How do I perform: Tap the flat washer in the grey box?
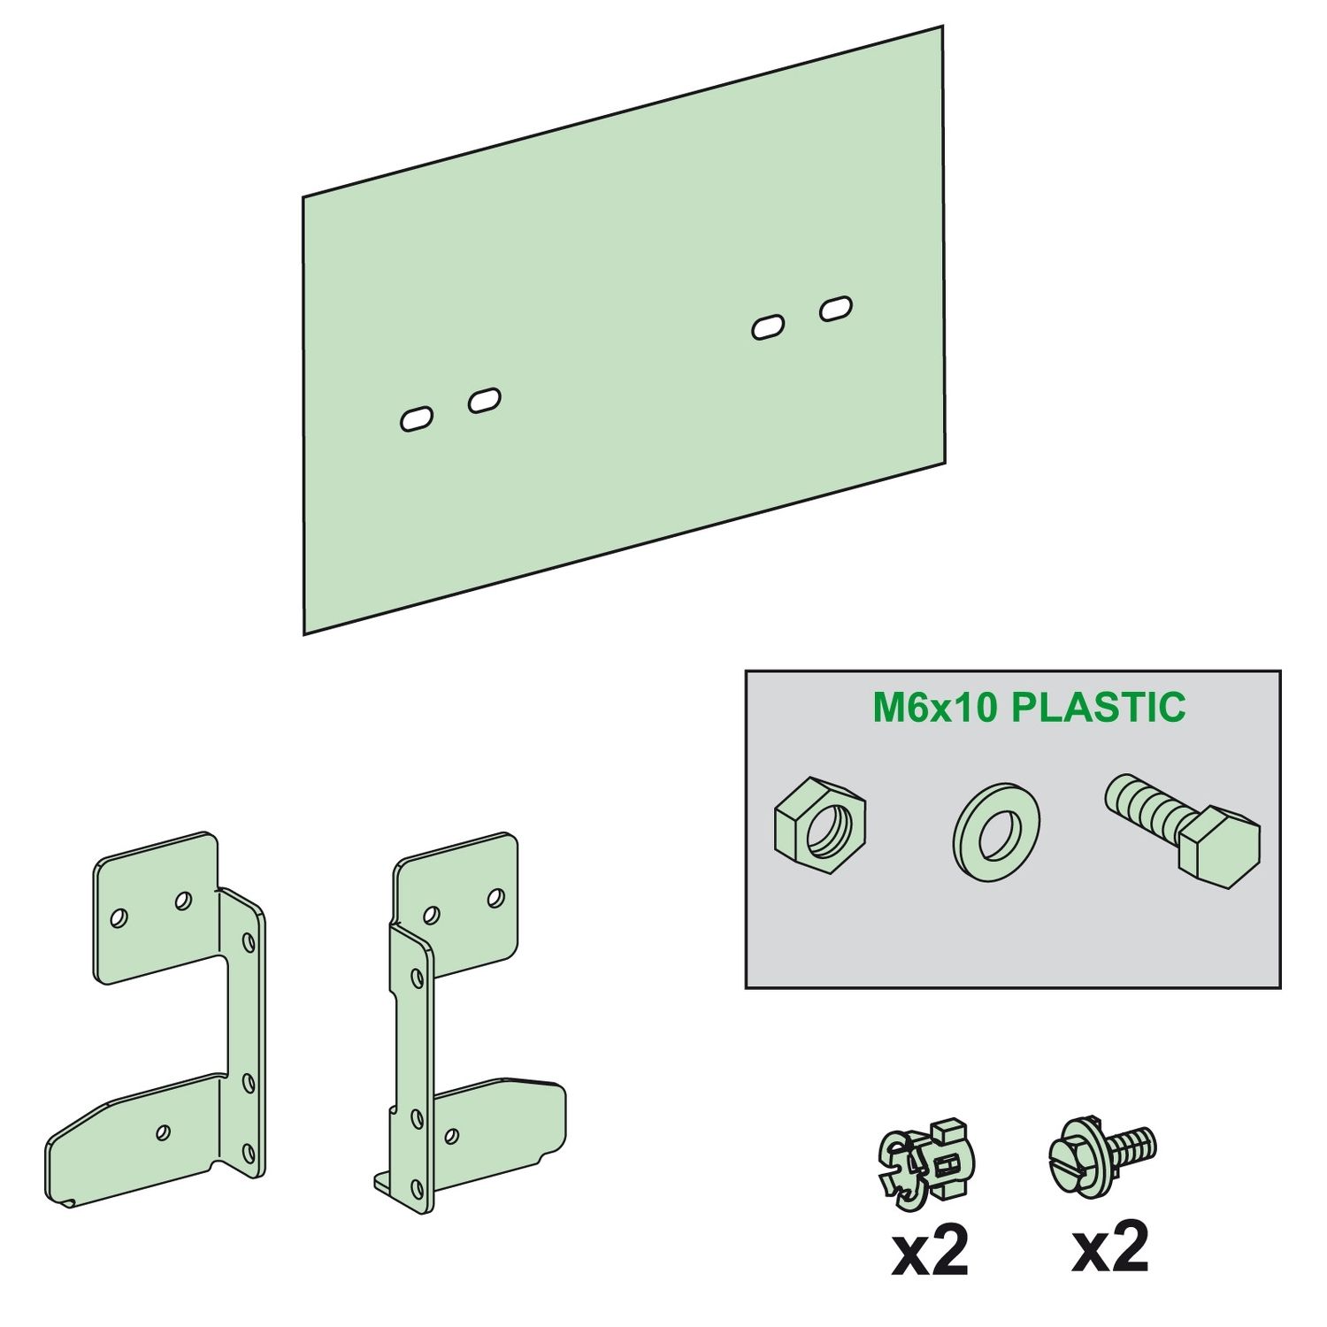996,831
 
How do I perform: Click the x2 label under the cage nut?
930,1249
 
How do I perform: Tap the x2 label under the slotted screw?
1110,1246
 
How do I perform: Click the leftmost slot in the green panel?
417,418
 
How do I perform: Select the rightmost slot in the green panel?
836,309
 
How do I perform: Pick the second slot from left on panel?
485,401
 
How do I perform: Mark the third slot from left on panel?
768,327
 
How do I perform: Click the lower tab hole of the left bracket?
163,1132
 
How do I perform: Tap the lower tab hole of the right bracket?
451,1135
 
